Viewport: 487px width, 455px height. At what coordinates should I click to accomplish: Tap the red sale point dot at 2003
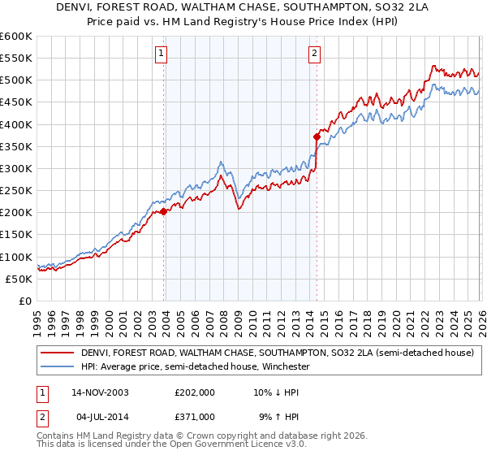pyautogui.click(x=164, y=211)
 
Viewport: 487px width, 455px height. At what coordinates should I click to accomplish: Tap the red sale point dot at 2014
pyautogui.click(x=317, y=136)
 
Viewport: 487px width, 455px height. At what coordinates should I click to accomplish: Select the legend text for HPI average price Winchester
pyautogui.click(x=195, y=366)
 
